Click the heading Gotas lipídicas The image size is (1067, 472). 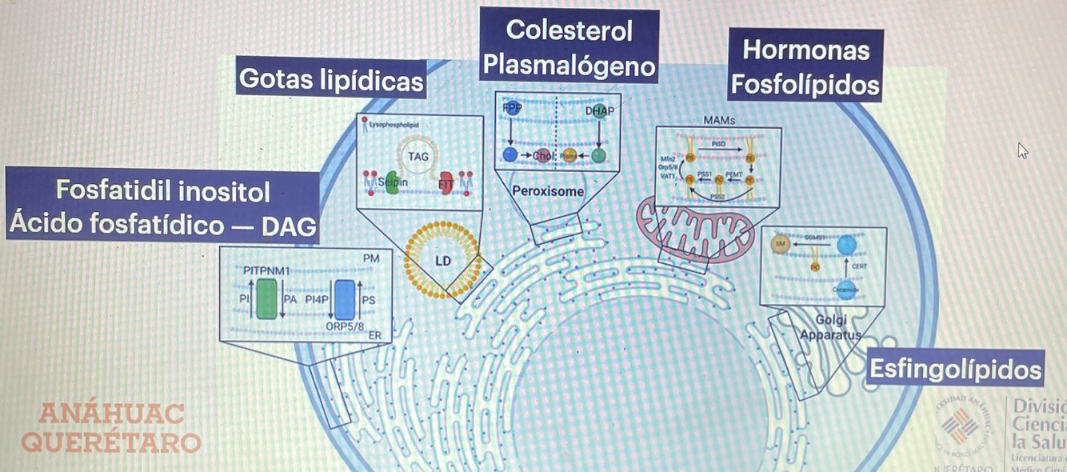331,79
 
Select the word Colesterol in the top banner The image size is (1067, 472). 569,30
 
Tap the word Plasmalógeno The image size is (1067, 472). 569,66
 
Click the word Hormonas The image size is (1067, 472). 805,50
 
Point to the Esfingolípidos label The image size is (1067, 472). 955,370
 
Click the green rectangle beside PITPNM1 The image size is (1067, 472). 267,299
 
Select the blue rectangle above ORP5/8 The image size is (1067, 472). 345,299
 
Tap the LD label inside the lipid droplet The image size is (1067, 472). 443,262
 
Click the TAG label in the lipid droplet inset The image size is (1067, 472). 418,156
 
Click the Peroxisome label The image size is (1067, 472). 548,192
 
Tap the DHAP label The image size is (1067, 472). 601,110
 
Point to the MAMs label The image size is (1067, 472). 718,120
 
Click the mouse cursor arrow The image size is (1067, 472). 1023,150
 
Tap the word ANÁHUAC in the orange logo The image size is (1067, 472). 112,414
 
